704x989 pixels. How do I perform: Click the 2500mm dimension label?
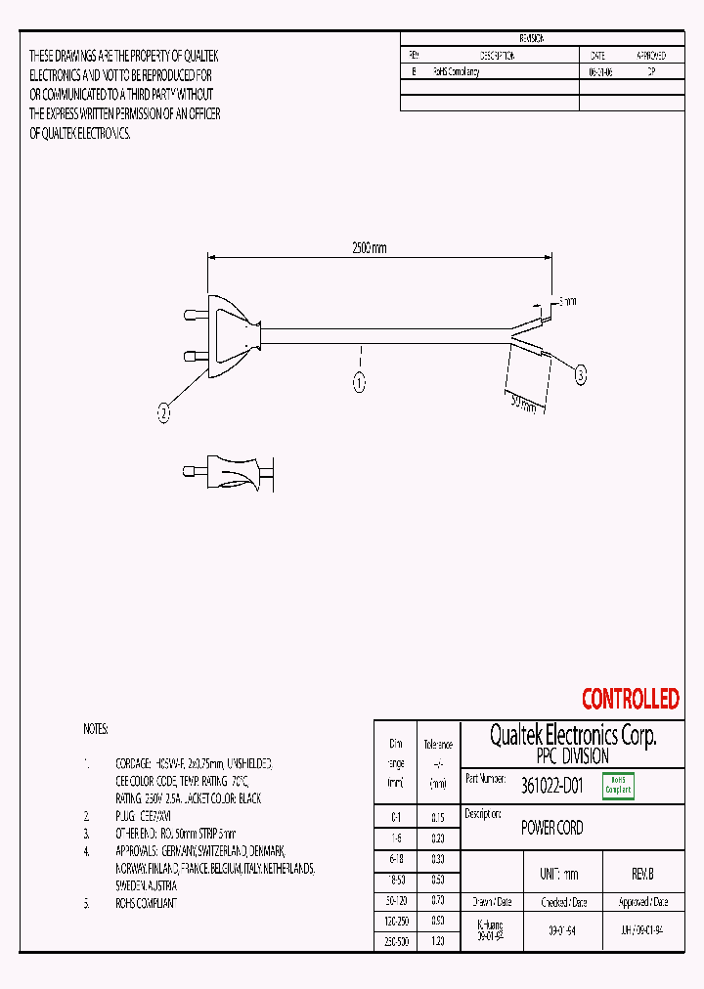point(369,248)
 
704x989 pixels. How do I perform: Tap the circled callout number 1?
point(359,383)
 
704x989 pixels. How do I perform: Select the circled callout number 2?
point(164,413)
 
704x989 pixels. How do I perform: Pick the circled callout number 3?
point(580,374)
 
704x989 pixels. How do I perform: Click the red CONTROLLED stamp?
point(630,699)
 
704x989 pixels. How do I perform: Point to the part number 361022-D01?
point(552,784)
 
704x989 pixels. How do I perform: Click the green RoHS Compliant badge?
point(618,786)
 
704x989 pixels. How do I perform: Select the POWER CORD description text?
point(551,828)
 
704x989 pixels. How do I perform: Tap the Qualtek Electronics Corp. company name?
point(572,735)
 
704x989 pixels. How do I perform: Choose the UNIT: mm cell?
point(559,874)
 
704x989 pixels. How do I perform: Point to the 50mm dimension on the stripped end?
point(522,404)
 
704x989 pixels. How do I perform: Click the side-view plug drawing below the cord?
point(223,472)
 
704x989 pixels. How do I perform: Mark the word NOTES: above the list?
point(96,729)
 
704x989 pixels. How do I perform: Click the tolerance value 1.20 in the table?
point(437,940)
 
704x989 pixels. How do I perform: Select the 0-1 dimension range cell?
point(396,816)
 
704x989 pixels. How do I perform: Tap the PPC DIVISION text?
point(572,756)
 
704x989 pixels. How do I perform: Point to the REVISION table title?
point(532,38)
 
